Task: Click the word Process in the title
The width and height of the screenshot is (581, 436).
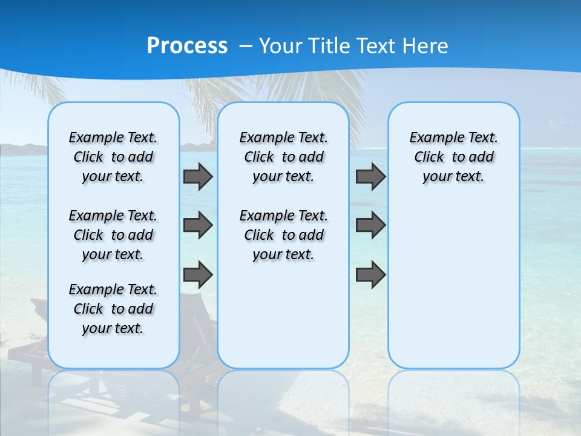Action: pyautogui.click(x=187, y=45)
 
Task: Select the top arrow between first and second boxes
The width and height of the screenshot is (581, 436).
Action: pyautogui.click(x=197, y=176)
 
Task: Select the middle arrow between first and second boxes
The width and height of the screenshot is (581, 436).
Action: pyautogui.click(x=197, y=225)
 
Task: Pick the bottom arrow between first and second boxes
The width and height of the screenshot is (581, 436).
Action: pyautogui.click(x=197, y=274)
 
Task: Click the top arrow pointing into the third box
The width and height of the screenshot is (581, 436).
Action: pyautogui.click(x=370, y=176)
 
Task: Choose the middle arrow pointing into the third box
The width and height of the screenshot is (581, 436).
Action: pyautogui.click(x=370, y=225)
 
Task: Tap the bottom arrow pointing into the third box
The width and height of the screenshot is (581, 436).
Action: pyautogui.click(x=370, y=274)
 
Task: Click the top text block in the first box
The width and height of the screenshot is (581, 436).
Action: pyautogui.click(x=113, y=157)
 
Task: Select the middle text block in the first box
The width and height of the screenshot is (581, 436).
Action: pyautogui.click(x=113, y=235)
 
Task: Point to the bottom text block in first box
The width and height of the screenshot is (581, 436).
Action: pyautogui.click(x=113, y=309)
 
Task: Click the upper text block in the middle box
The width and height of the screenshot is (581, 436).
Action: pyautogui.click(x=283, y=157)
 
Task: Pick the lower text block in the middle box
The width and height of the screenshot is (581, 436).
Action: pyautogui.click(x=283, y=235)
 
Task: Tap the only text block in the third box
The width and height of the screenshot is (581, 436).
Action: pyautogui.click(x=453, y=157)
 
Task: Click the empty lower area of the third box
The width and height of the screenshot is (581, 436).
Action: pyautogui.click(x=453, y=285)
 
